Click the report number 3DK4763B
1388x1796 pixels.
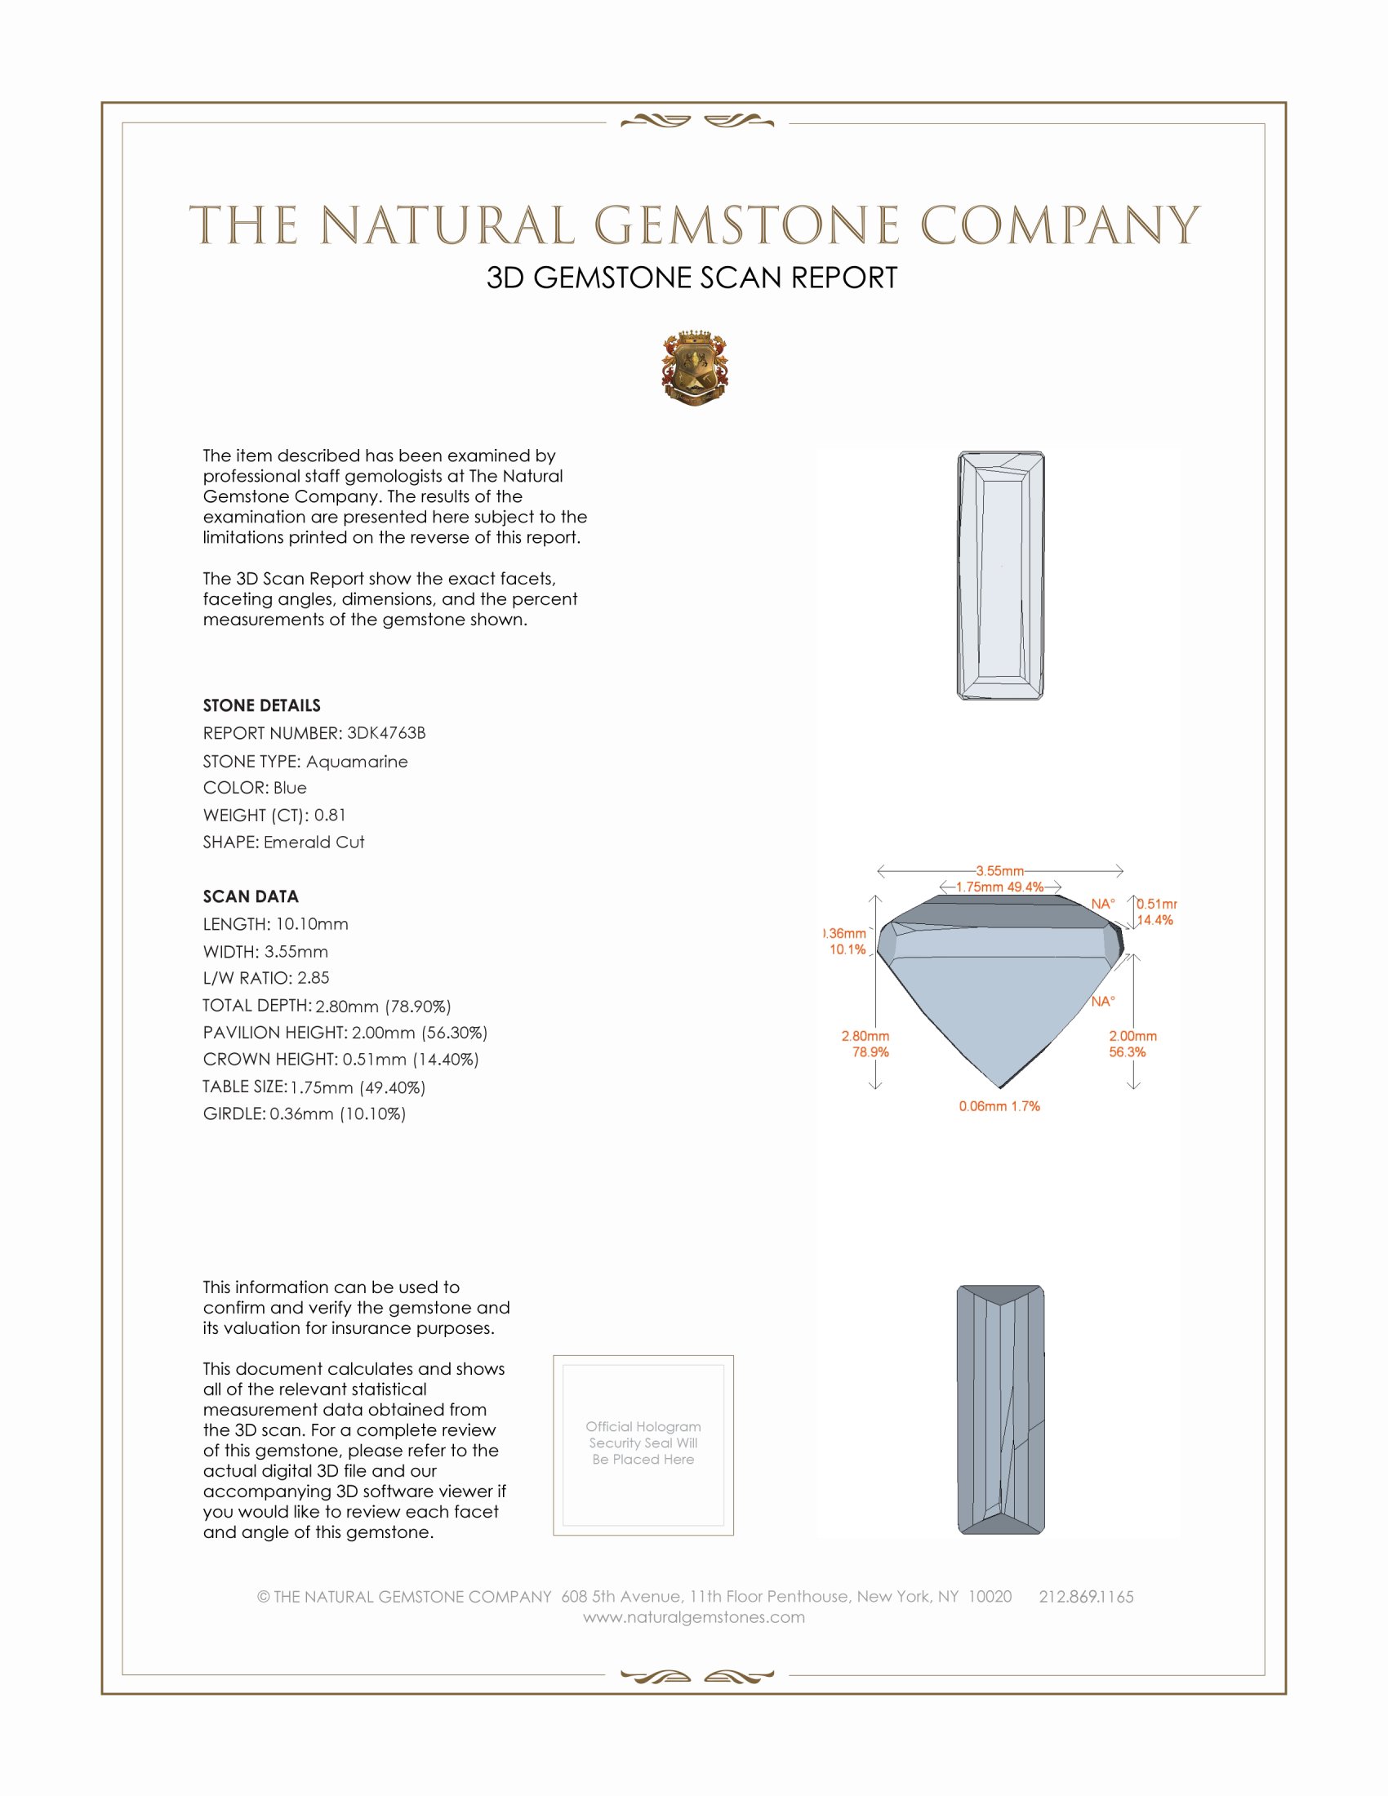tap(385, 733)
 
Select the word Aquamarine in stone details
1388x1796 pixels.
tap(356, 762)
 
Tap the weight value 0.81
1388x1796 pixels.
tap(330, 815)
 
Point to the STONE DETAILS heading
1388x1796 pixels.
tap(261, 705)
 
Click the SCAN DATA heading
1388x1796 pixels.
tap(251, 896)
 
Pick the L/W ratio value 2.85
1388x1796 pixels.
tap(313, 978)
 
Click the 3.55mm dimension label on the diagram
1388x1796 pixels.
tap(1000, 870)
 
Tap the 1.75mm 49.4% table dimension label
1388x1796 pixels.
tap(1000, 887)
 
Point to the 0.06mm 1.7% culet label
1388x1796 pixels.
tap(999, 1106)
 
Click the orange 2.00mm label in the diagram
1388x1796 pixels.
tap(1132, 1036)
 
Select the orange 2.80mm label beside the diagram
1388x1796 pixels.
tap(865, 1036)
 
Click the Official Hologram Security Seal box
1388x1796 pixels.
tap(643, 1445)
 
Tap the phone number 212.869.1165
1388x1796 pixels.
tap(1085, 1597)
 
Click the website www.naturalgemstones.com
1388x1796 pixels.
tap(694, 1617)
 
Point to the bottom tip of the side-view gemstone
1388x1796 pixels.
tap(999, 1087)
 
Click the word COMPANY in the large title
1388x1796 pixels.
tap(1059, 225)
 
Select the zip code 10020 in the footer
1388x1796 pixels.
tap(990, 1597)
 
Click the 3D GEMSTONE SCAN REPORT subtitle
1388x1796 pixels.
tap(692, 278)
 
